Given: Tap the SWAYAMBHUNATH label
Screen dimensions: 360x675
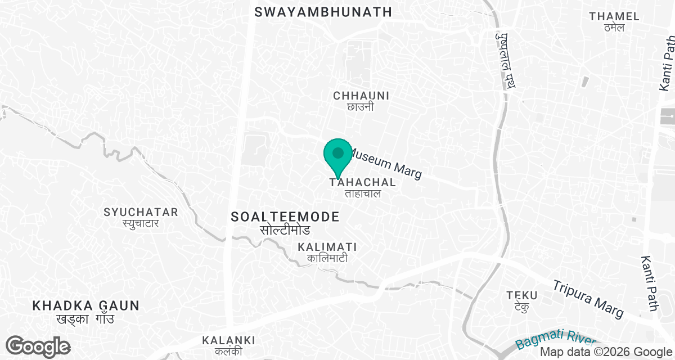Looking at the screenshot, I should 323,12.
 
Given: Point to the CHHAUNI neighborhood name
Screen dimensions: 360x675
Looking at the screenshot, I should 361,96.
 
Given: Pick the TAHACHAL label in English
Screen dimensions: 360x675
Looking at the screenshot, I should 363,183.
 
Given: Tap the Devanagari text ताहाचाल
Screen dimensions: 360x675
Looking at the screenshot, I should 363,194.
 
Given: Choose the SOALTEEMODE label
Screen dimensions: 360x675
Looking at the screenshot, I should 285,217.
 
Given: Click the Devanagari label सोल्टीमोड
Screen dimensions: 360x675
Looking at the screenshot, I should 285,231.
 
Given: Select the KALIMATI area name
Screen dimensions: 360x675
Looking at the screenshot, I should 327,247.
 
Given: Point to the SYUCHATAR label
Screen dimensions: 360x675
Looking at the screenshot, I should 141,212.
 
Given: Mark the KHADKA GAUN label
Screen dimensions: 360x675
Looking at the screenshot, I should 85,305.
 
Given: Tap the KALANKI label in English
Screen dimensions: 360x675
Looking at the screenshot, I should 228,340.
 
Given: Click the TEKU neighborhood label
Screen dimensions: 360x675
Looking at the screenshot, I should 521,295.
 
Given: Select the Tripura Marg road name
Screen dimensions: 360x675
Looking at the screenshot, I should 588,298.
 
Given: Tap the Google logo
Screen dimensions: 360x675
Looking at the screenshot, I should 38,346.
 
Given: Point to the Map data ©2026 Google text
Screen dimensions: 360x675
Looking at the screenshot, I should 606,352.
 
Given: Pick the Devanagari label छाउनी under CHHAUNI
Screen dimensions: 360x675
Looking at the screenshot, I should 361,107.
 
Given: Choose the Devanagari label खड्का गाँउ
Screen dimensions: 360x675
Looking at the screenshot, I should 85,319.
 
